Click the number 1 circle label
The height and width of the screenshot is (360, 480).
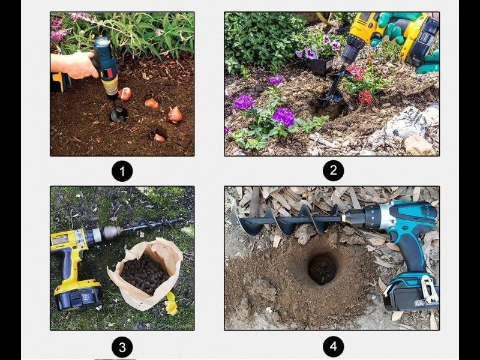(x=122, y=171)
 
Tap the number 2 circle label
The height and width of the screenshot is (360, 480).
(x=334, y=170)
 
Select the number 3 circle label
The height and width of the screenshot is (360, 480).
(x=122, y=347)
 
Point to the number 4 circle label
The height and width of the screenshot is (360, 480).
(x=334, y=347)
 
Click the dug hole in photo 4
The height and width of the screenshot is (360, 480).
(x=322, y=268)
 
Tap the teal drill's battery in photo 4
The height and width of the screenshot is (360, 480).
(x=411, y=293)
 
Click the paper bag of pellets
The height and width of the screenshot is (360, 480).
(x=146, y=274)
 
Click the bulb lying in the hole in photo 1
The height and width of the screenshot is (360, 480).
(x=159, y=138)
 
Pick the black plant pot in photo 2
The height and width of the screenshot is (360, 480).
(x=320, y=67)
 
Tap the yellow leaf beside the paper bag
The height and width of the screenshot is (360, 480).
(x=171, y=304)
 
